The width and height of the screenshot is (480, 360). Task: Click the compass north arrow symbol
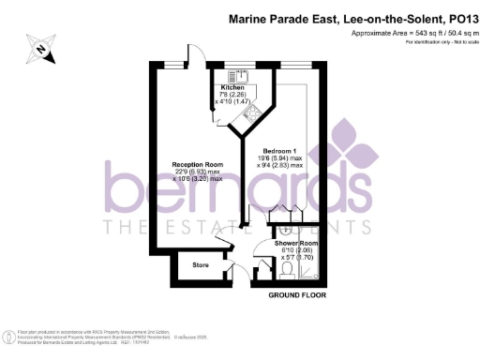(x=41, y=51)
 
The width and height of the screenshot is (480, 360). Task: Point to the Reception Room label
(x=196, y=165)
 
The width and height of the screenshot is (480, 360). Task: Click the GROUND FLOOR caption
(x=297, y=295)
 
